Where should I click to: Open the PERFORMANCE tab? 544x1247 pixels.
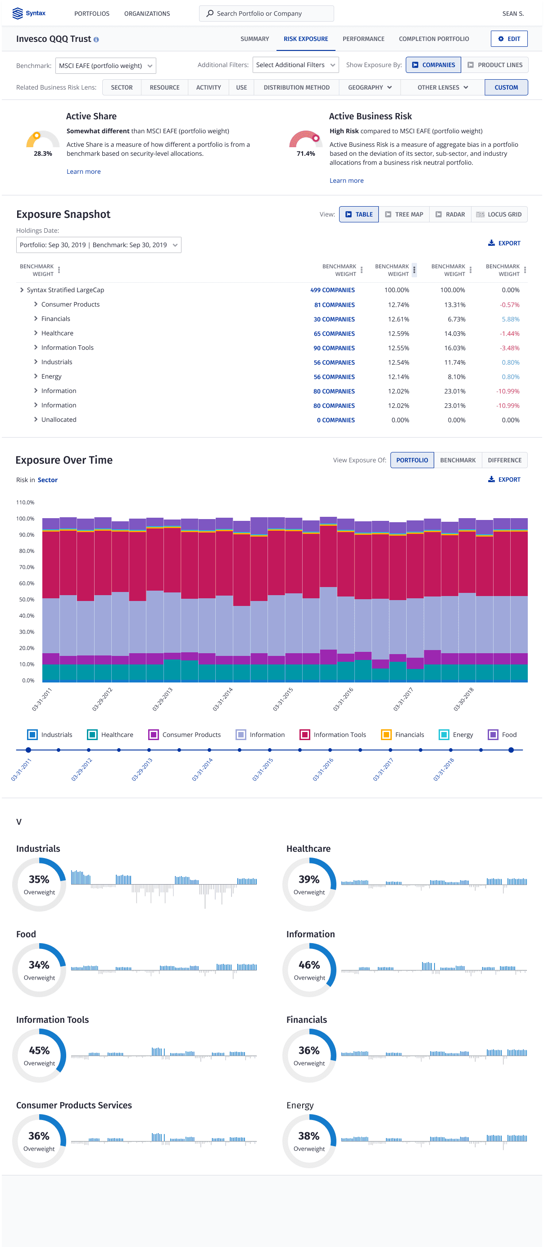[363, 39]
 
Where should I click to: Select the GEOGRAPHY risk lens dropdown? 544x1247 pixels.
[370, 88]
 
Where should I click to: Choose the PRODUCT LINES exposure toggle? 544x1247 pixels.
[494, 65]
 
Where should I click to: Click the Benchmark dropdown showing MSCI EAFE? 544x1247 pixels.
[106, 66]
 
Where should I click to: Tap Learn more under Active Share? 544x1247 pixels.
[83, 172]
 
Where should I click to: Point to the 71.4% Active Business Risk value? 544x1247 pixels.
[306, 154]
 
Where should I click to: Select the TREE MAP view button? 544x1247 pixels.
[404, 214]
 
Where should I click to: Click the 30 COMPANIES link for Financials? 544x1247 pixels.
[334, 319]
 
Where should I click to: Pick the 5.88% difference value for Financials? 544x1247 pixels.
[510, 319]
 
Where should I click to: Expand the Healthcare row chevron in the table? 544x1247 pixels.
[36, 333]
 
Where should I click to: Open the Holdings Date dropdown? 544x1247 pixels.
[99, 245]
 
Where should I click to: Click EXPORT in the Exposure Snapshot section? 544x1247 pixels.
[504, 243]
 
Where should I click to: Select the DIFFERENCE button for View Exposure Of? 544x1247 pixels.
[504, 460]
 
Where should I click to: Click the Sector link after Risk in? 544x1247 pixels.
[47, 480]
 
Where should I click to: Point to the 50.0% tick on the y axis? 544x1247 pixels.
[25, 599]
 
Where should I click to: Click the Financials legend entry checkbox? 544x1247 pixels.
[386, 734]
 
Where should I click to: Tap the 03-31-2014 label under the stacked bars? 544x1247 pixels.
[222, 699]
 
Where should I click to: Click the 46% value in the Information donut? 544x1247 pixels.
[309, 965]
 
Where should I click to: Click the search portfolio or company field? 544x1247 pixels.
[267, 14]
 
